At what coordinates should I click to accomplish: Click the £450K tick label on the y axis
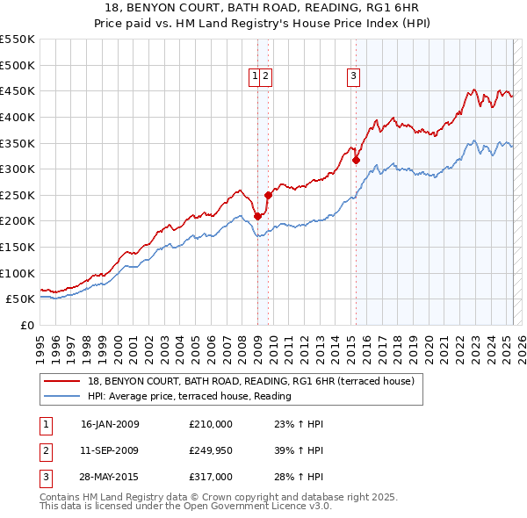(18, 90)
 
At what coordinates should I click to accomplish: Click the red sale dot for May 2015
(356, 161)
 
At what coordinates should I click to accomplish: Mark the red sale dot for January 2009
(257, 216)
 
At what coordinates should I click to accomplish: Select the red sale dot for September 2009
(268, 196)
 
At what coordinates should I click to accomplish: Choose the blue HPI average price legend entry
(190, 397)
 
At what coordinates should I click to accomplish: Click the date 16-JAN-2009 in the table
(110, 424)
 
